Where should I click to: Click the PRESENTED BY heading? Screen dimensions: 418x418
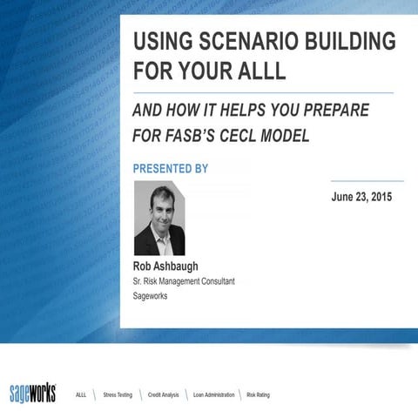[x=171, y=168]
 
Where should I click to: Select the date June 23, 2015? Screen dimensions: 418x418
[x=361, y=197]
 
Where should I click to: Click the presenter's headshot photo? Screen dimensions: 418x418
[x=158, y=218]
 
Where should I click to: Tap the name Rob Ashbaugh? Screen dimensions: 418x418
[x=166, y=266]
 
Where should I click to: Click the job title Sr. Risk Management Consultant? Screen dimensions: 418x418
[x=183, y=281]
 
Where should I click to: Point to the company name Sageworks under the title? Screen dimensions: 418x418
[x=151, y=296]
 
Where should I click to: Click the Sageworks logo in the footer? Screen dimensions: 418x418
[x=32, y=394]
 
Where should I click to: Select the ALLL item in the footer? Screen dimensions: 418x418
[x=81, y=394]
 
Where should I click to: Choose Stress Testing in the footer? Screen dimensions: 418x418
[x=118, y=394]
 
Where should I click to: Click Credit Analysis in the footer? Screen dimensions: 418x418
[x=163, y=394]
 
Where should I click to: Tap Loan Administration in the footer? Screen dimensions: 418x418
[x=213, y=394]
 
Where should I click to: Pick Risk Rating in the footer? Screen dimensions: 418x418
[x=259, y=394]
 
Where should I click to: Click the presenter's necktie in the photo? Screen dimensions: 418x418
[x=163, y=243]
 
